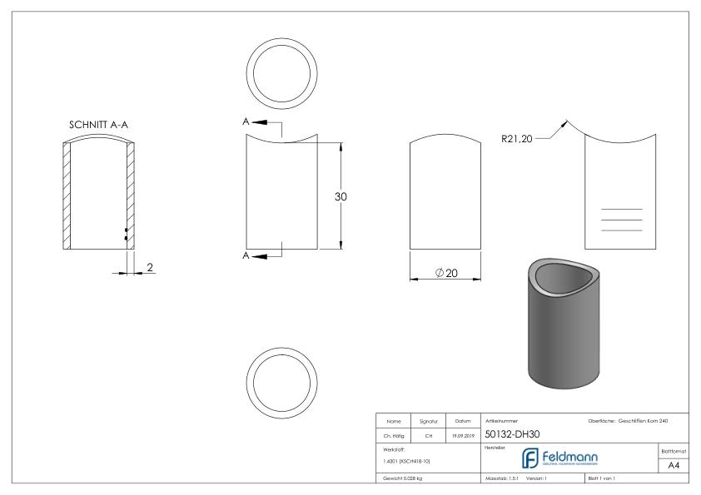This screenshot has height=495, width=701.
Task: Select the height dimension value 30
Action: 340,196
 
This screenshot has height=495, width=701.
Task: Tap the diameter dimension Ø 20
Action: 447,274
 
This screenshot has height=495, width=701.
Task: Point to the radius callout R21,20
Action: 517,140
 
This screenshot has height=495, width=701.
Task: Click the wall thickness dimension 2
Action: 151,267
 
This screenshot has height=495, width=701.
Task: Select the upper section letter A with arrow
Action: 247,121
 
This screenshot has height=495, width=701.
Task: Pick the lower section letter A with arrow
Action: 247,255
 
